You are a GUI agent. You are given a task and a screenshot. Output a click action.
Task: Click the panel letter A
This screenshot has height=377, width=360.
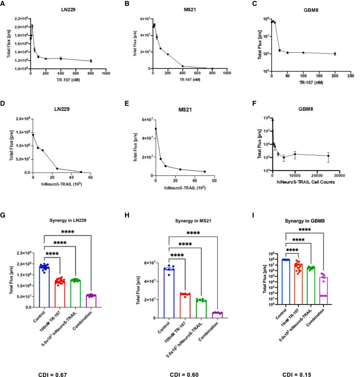click(x=3, y=4)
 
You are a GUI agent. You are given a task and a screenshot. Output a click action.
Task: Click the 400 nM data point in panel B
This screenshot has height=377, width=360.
click(x=182, y=66)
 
